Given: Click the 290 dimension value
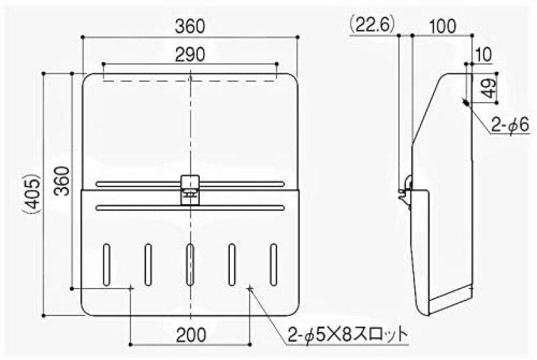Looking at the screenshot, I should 190,54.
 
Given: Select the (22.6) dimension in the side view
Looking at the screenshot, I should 370,25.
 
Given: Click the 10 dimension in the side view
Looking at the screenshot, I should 484,54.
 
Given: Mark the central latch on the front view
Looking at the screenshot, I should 190,189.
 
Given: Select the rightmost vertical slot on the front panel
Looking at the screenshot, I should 272,263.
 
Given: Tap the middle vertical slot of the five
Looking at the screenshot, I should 190,263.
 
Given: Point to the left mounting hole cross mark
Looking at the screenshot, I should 132,287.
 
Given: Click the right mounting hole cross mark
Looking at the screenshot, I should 250,287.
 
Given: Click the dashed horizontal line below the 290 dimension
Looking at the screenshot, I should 190,81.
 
